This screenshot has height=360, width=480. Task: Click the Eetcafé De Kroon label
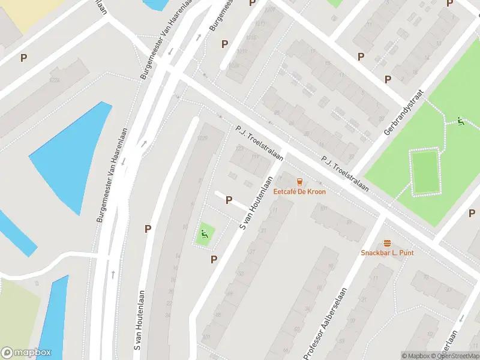click(x=299, y=192)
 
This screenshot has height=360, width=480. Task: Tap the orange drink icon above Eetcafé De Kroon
click(x=299, y=182)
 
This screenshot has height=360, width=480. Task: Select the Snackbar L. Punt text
click(x=387, y=253)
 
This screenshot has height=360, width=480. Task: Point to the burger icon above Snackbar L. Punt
click(x=387, y=243)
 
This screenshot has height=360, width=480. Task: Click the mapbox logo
click(x=26, y=353)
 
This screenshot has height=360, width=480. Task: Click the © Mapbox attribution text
click(x=415, y=356)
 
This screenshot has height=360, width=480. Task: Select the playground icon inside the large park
click(x=461, y=121)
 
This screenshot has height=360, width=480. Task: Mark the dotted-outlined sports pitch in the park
click(x=426, y=172)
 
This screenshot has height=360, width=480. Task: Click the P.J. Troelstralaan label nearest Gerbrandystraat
click(x=344, y=174)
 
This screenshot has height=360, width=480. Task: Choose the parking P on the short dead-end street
click(x=229, y=200)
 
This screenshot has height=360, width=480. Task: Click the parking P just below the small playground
click(x=213, y=259)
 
